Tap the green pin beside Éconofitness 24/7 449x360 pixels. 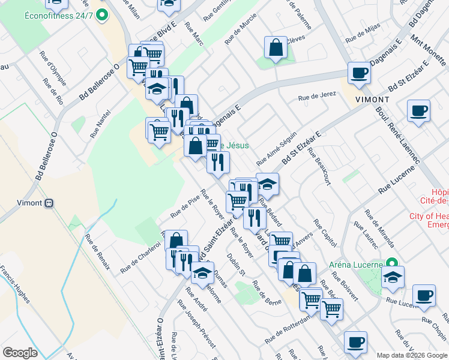pyautogui.click(x=103, y=14)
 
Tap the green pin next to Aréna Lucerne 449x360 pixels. pyautogui.click(x=392, y=263)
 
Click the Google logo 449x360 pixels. pyautogui.click(x=20, y=353)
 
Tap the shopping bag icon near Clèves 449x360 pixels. pyautogui.click(x=275, y=48)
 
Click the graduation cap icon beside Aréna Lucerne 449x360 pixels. pyautogui.click(x=393, y=278)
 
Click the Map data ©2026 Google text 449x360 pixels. pyautogui.click(x=411, y=354)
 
